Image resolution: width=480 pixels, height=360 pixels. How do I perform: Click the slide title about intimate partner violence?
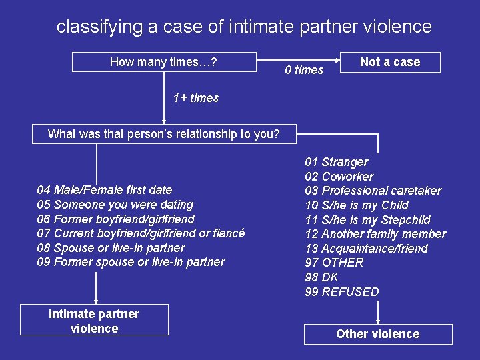[x=244, y=27]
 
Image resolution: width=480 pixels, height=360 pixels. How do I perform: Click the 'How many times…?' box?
[x=164, y=62]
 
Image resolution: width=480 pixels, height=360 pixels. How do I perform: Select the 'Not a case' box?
[x=390, y=62]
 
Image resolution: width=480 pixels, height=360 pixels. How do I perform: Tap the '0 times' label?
[x=304, y=70]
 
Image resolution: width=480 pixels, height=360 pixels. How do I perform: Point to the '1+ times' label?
[x=196, y=98]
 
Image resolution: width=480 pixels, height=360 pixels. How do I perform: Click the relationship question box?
[x=164, y=134]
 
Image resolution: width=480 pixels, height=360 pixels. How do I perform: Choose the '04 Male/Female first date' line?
[x=105, y=190]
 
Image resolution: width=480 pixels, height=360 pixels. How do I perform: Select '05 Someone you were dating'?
[x=115, y=205]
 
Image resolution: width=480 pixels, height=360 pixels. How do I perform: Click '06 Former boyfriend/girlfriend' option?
[x=116, y=219]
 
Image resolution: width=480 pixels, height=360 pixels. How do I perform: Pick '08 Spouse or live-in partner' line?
[x=111, y=248]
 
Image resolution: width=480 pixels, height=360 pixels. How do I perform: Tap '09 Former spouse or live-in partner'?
[x=131, y=262]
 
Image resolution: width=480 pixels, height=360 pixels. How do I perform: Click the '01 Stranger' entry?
[x=337, y=162]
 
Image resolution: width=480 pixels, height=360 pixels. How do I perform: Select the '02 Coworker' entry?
[x=339, y=177]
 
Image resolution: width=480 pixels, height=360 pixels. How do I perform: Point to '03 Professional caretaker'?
[x=373, y=191]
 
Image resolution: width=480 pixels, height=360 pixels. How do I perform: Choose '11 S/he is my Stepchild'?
[x=368, y=220]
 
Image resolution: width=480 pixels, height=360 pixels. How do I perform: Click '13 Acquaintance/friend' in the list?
[x=367, y=249]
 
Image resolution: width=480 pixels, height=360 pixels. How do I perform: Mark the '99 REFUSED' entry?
[x=342, y=292]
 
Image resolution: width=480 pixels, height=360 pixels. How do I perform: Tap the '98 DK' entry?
[x=322, y=277]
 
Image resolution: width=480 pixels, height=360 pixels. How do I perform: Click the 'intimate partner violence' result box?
[x=94, y=321]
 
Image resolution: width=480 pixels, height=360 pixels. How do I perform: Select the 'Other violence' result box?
[x=378, y=334]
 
